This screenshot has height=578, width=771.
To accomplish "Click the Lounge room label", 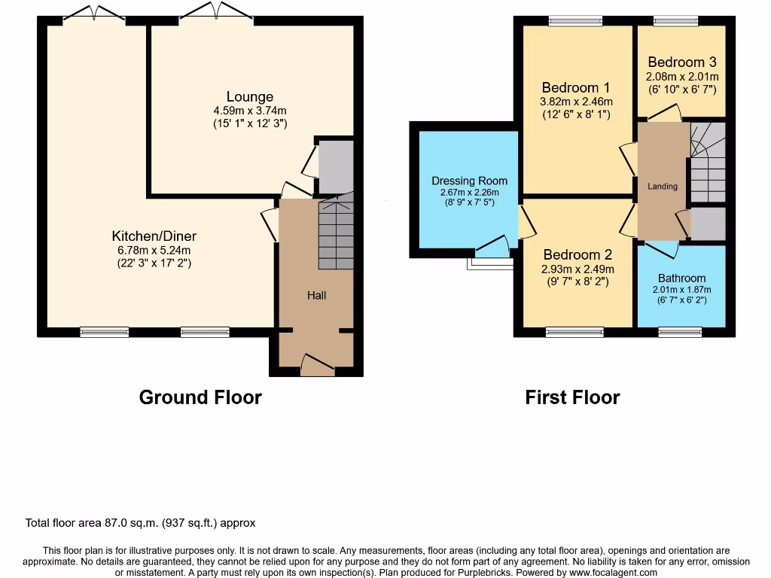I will (x=250, y=97).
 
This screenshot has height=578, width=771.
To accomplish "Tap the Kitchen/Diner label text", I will (x=154, y=236).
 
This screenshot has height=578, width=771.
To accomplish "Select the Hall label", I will (x=316, y=296).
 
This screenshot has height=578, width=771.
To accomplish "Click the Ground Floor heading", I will (x=200, y=397).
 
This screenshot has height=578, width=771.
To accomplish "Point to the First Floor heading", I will (x=572, y=397).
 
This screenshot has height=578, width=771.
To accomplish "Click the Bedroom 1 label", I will (x=577, y=87).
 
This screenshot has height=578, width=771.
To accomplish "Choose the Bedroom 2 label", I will (x=577, y=255).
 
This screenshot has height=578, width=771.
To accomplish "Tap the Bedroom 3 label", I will (x=681, y=62).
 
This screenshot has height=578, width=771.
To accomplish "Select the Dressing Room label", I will (x=469, y=181).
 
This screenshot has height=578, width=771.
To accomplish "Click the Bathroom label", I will (x=681, y=278).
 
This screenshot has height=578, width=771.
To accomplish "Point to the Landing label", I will (x=663, y=187).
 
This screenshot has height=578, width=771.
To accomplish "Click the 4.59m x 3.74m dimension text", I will (x=250, y=110).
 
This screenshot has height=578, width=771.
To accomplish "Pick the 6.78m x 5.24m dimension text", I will (x=154, y=250).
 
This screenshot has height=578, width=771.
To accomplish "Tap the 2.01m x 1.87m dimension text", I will (x=681, y=289).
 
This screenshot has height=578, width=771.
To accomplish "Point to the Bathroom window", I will (x=680, y=331).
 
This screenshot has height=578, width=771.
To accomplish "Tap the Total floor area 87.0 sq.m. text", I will (x=141, y=523).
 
